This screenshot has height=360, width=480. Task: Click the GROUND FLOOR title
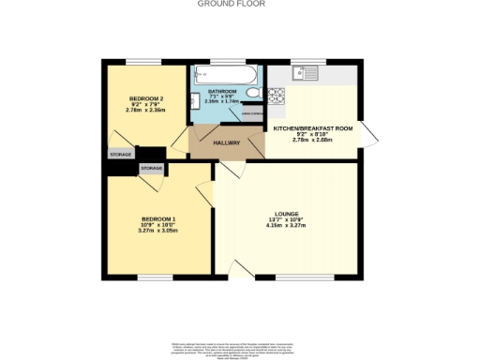pos(231,4)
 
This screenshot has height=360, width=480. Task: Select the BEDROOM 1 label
pos(157,218)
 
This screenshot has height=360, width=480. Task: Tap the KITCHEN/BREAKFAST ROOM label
pos(313,127)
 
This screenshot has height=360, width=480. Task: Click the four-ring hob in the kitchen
pos(277,95)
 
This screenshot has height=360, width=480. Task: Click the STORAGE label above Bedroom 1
pos(151,168)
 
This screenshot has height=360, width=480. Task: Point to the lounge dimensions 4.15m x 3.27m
pos(286,225)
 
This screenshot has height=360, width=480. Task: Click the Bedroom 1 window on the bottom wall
pos(156,277)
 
